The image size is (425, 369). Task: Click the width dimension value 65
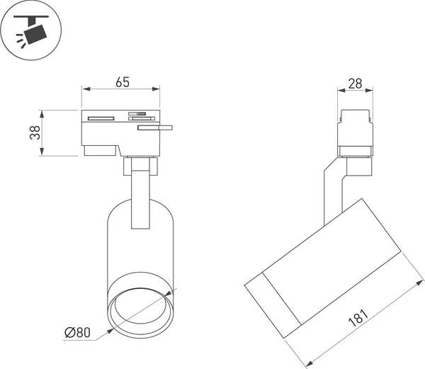click(122, 82)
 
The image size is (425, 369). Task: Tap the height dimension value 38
click(33, 133)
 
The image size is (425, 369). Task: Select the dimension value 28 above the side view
click(356, 84)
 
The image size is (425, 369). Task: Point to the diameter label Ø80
click(77, 331)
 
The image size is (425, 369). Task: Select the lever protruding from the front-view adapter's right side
click(156, 128)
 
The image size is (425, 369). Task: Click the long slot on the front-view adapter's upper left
click(100, 118)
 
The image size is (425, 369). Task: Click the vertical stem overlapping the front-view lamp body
click(140, 198)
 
